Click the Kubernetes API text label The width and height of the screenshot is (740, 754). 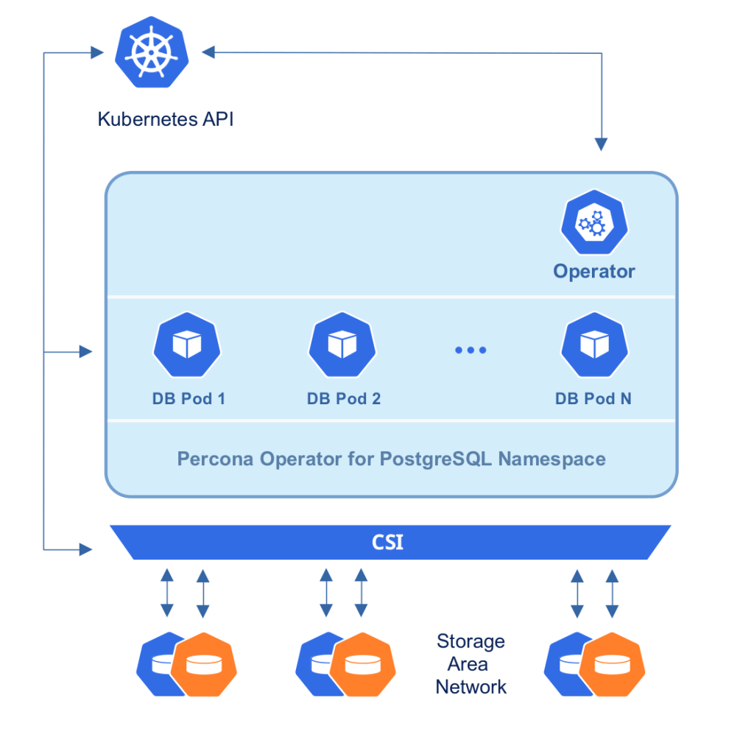(166, 119)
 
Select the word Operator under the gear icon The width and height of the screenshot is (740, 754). (593, 271)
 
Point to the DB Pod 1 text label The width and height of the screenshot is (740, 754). (188, 399)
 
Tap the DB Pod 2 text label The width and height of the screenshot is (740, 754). (344, 399)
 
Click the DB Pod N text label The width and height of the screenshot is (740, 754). (593, 399)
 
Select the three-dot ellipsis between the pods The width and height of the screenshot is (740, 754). (470, 350)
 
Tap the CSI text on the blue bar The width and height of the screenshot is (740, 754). (387, 544)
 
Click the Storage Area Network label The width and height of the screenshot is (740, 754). (471, 663)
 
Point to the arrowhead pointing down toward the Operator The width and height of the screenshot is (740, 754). (602, 144)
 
